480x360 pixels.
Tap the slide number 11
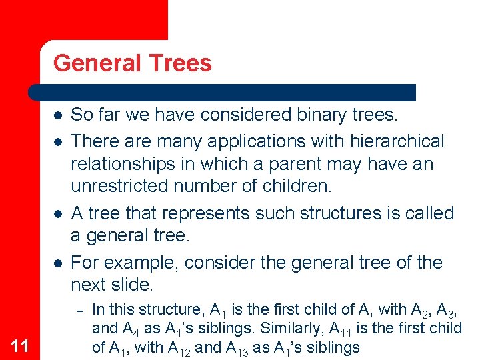(x=21, y=345)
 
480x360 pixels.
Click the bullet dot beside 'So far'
(x=59, y=115)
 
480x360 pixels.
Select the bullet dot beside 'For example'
(x=59, y=262)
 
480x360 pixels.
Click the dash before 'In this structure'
(x=78, y=310)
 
